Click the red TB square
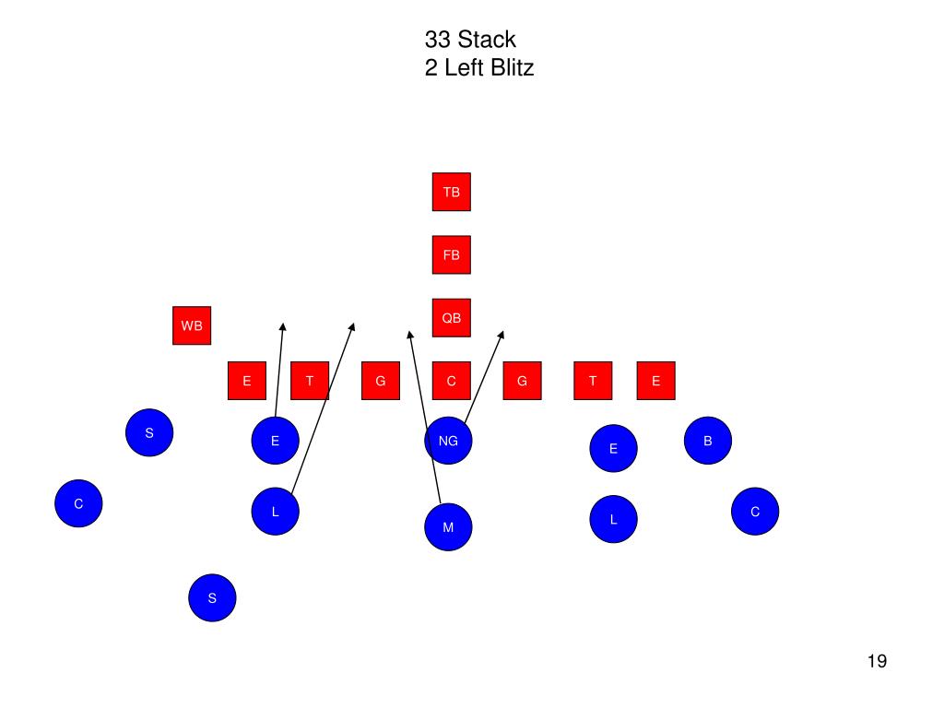coord(451,192)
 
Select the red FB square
coord(451,254)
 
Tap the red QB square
coord(451,318)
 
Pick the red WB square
coord(192,325)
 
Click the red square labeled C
coord(451,381)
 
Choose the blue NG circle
coord(448,441)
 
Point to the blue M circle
coord(448,527)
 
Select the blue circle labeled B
coord(708,441)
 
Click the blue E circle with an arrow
coord(275,441)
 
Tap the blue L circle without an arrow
coord(613,520)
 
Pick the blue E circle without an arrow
coord(613,449)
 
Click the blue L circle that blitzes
coord(275,512)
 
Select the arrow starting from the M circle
coord(424,415)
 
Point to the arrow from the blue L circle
coord(323,406)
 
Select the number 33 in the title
coord(438,40)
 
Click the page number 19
coord(877,661)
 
